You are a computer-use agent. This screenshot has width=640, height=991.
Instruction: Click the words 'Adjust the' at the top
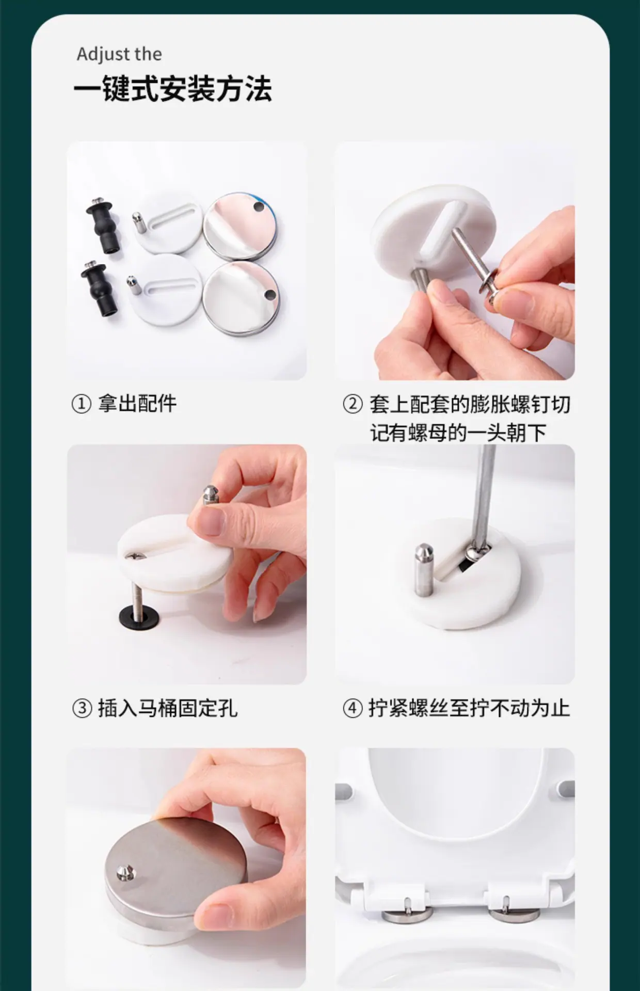[119, 54]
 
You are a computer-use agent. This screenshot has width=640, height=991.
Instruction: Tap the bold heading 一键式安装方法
[173, 88]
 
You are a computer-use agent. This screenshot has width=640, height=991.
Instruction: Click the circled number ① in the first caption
[81, 404]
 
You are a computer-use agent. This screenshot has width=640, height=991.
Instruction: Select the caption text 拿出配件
[137, 404]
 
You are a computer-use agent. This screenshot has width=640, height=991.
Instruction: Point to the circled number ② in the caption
[353, 404]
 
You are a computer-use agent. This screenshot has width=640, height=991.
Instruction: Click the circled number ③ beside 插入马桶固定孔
[82, 708]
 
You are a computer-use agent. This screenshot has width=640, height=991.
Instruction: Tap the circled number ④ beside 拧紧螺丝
[353, 708]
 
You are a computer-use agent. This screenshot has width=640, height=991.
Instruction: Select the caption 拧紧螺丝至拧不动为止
[469, 708]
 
